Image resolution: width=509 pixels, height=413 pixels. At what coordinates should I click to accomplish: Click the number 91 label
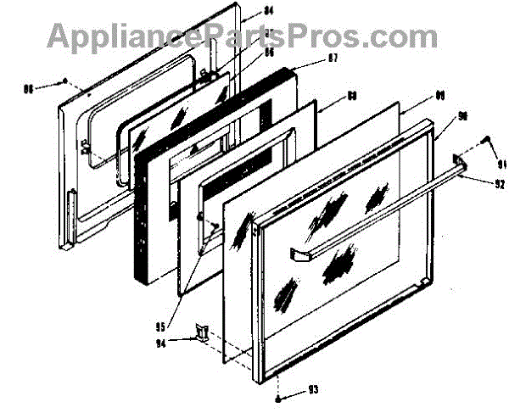pos(501,164)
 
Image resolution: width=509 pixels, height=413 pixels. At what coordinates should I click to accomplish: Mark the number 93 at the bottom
pos(313,390)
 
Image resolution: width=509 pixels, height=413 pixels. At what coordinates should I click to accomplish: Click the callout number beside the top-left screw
pos(28,87)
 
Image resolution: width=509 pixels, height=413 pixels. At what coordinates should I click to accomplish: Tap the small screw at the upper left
pos(65,81)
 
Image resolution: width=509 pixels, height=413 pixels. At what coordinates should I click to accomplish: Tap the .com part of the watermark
pos(407,36)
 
